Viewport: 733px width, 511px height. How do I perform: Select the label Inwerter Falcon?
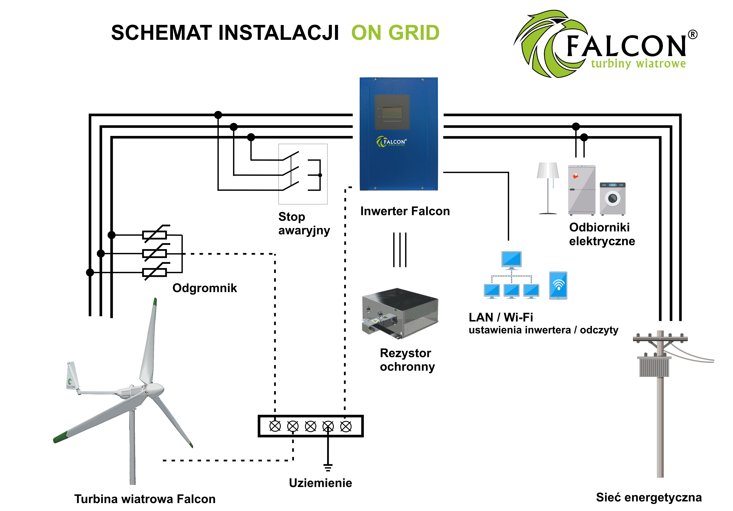click(x=405, y=211)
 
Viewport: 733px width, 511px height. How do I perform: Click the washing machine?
click(x=612, y=198)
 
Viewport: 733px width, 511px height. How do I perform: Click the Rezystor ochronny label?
click(x=407, y=360)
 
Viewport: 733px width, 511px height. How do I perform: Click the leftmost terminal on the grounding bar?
click(x=275, y=426)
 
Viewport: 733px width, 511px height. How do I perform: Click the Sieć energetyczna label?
click(x=649, y=497)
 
